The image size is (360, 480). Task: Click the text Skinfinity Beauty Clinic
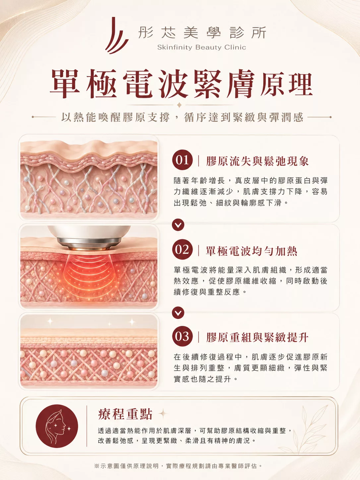pos(202,47)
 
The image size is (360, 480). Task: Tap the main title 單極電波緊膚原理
pos(181,84)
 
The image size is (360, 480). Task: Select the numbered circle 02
pos(182,249)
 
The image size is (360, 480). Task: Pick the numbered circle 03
pos(182,336)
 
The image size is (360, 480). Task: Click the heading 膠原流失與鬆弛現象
pos(257,161)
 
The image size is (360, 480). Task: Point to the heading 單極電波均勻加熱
pos(252,251)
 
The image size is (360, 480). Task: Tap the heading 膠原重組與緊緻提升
pos(257,337)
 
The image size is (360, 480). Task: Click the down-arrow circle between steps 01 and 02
pos(178,225)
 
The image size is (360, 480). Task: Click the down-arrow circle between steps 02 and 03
pos(178,313)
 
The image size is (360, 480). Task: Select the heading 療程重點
pos(125,414)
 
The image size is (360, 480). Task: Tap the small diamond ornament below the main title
pos(179,105)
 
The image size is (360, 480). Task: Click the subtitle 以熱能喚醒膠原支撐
pos(115,117)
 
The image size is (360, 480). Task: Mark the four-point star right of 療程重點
pos(163,413)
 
